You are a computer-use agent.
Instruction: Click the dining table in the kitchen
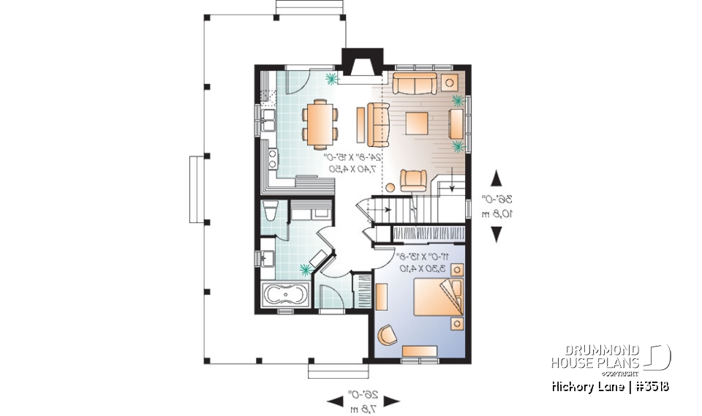(320, 123)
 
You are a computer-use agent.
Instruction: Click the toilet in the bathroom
(269, 211)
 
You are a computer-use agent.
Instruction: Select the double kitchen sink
(266, 119)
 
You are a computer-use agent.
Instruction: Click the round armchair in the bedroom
(385, 333)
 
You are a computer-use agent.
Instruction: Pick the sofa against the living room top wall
(415, 83)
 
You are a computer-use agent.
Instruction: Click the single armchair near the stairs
(414, 178)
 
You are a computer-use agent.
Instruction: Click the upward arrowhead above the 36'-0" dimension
(497, 178)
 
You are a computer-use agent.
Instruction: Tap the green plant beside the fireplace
(331, 77)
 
